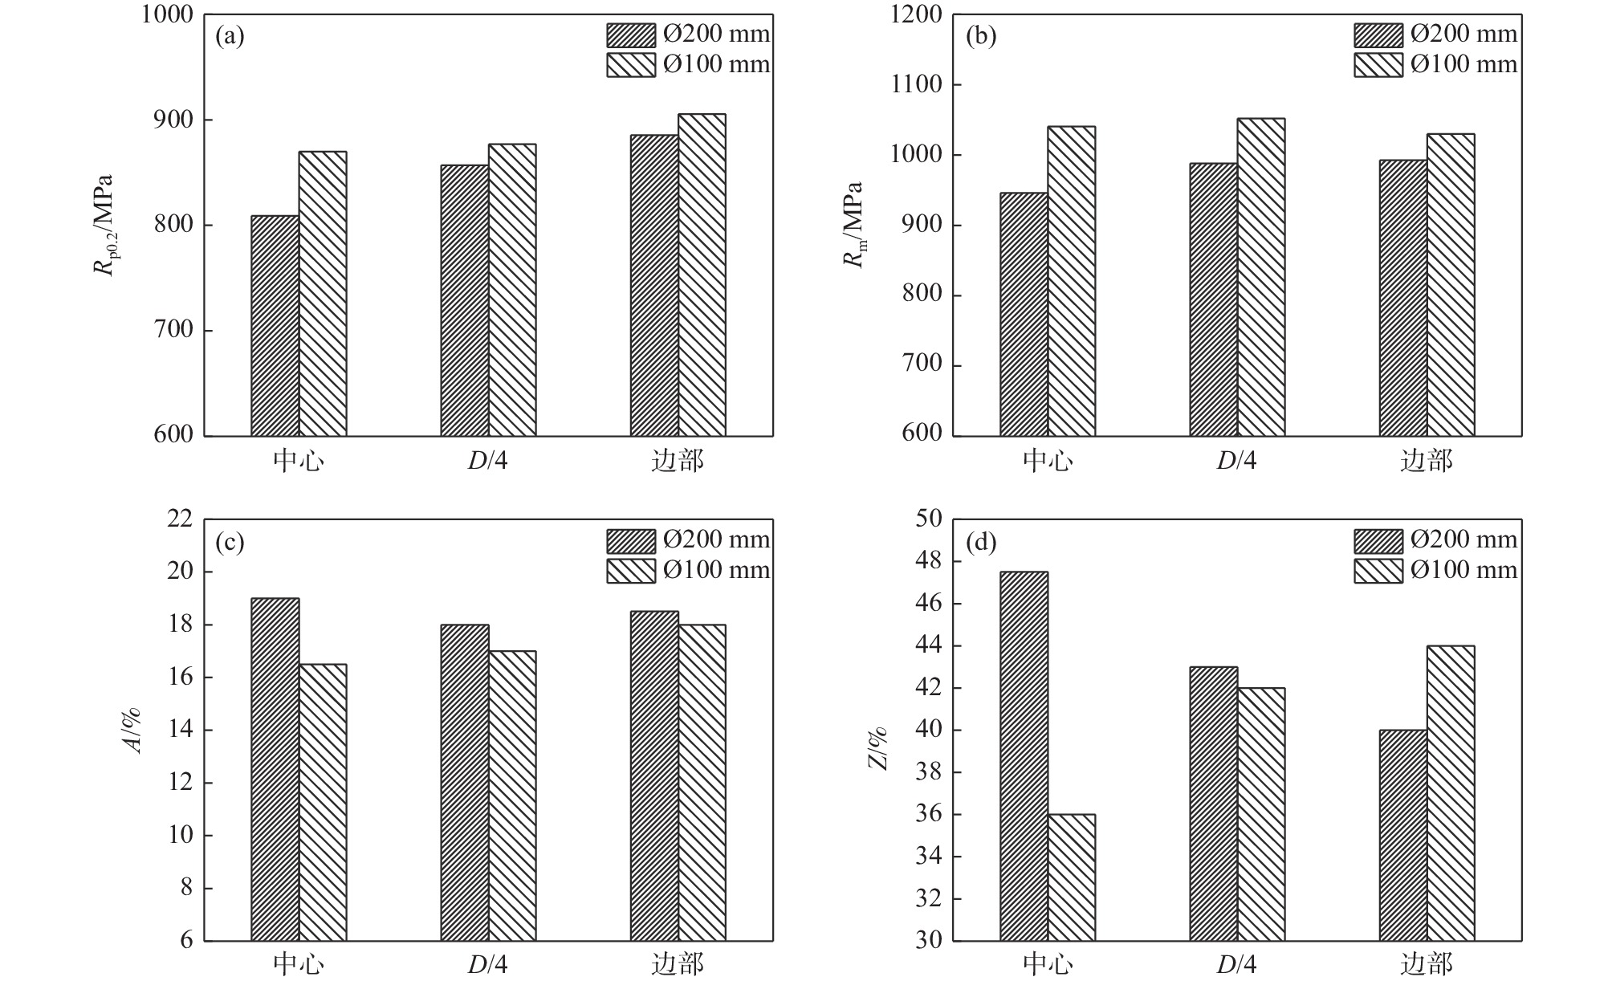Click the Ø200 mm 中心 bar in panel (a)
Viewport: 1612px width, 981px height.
pyautogui.click(x=275, y=326)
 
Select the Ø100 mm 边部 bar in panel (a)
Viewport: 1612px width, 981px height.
pyautogui.click(x=702, y=275)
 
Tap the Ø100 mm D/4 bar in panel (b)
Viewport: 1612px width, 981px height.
pyautogui.click(x=1260, y=277)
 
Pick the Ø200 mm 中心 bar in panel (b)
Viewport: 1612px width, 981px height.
pyautogui.click(x=1024, y=315)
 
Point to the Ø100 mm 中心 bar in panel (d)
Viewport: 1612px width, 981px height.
pyautogui.click(x=1071, y=877)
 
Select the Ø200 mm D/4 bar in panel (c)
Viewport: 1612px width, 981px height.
pyautogui.click(x=465, y=783)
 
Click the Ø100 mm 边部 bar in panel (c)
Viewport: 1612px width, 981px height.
pyautogui.click(x=702, y=783)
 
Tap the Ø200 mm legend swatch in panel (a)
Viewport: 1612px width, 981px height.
pyautogui.click(x=631, y=35)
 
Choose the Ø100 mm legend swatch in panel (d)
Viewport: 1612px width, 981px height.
pyautogui.click(x=1378, y=571)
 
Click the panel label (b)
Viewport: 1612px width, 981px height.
pyautogui.click(x=980, y=36)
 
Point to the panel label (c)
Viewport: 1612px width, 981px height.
pyautogui.click(x=230, y=543)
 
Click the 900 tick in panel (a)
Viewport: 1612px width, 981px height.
pyautogui.click(x=175, y=120)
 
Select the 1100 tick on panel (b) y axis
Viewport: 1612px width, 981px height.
pyautogui.click(x=918, y=85)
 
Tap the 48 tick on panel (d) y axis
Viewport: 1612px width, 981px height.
pyautogui.click(x=930, y=562)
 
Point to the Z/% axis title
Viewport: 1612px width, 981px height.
pyautogui.click(x=878, y=748)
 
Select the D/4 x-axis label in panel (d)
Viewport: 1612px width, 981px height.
pyautogui.click(x=1236, y=964)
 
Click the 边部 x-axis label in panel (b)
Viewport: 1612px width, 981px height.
pyautogui.click(x=1427, y=461)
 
